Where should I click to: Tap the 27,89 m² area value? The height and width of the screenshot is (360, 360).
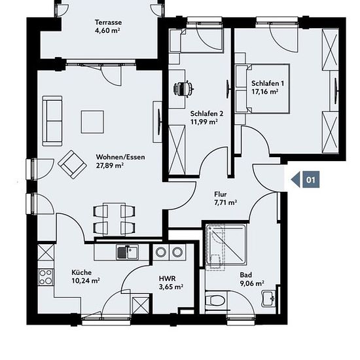click(110, 166)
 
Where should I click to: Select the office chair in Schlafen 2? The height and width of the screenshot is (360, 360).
click(183, 88)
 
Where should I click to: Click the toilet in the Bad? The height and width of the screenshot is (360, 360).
click(215, 299)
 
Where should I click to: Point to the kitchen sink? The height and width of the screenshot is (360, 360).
click(128, 252)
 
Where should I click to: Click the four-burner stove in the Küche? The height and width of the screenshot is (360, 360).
click(45, 277)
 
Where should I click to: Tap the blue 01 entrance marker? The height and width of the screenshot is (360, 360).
click(311, 179)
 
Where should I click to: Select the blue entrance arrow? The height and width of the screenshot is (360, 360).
click(295, 179)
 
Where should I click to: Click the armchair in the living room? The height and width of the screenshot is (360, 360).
click(72, 164)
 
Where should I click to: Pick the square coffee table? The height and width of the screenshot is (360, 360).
click(92, 122)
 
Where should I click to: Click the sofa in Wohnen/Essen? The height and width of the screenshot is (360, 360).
click(52, 121)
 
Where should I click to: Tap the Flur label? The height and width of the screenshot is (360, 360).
click(221, 194)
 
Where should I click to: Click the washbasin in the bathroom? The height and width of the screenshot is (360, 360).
click(268, 298)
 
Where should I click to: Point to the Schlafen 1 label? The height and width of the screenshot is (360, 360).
click(268, 83)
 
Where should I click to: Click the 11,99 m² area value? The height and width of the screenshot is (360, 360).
click(204, 122)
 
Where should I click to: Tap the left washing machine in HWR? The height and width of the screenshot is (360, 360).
click(161, 252)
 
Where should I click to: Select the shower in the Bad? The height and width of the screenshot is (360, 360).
click(226, 247)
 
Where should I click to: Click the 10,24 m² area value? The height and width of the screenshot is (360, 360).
click(85, 281)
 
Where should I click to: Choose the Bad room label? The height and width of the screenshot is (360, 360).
click(245, 275)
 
